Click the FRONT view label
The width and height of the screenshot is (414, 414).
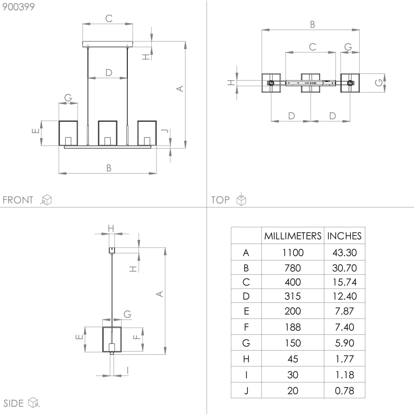tap(18, 200)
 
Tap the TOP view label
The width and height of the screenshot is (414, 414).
tap(220, 200)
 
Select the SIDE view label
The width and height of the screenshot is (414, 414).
tap(13, 403)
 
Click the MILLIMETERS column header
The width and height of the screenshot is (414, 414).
tap(293, 236)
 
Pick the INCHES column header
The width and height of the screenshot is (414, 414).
tap(344, 236)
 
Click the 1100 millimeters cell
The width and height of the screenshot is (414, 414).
tap(293, 252)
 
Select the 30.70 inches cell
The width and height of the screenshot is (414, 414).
tap(344, 268)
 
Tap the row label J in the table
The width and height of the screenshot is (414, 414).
tap(246, 391)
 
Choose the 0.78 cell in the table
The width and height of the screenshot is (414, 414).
tap(344, 391)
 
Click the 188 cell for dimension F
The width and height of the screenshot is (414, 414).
tap(293, 327)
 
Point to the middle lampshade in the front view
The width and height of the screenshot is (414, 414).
tap(108, 133)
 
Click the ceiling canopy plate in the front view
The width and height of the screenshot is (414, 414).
tap(108, 44)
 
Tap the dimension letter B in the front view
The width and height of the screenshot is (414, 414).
tap(109, 167)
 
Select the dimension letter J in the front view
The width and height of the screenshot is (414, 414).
tap(163, 132)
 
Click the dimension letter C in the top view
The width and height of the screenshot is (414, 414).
tap(312, 47)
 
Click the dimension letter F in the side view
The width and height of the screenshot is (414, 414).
tap(136, 336)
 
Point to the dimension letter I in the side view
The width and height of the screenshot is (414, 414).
tap(128, 370)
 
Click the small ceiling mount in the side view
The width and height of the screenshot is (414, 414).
tap(112, 249)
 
